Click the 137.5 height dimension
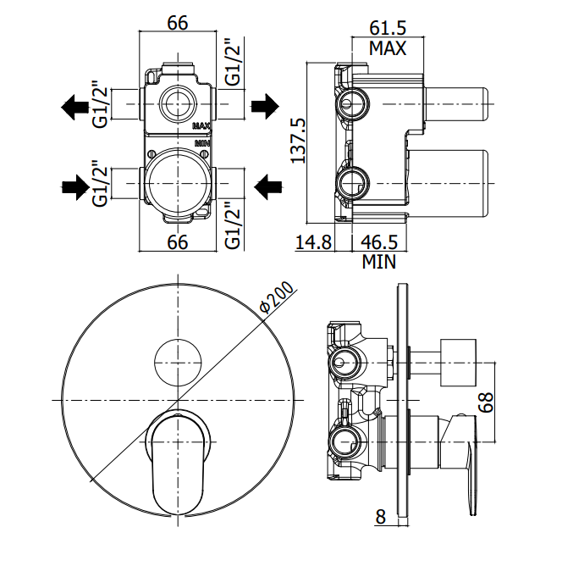[x=296, y=141]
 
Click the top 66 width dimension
[x=177, y=23]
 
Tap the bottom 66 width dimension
[x=177, y=242]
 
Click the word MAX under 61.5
[x=388, y=47]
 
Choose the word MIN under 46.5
[x=378, y=262]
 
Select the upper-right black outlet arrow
[x=264, y=107]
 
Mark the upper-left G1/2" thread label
[x=99, y=105]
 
